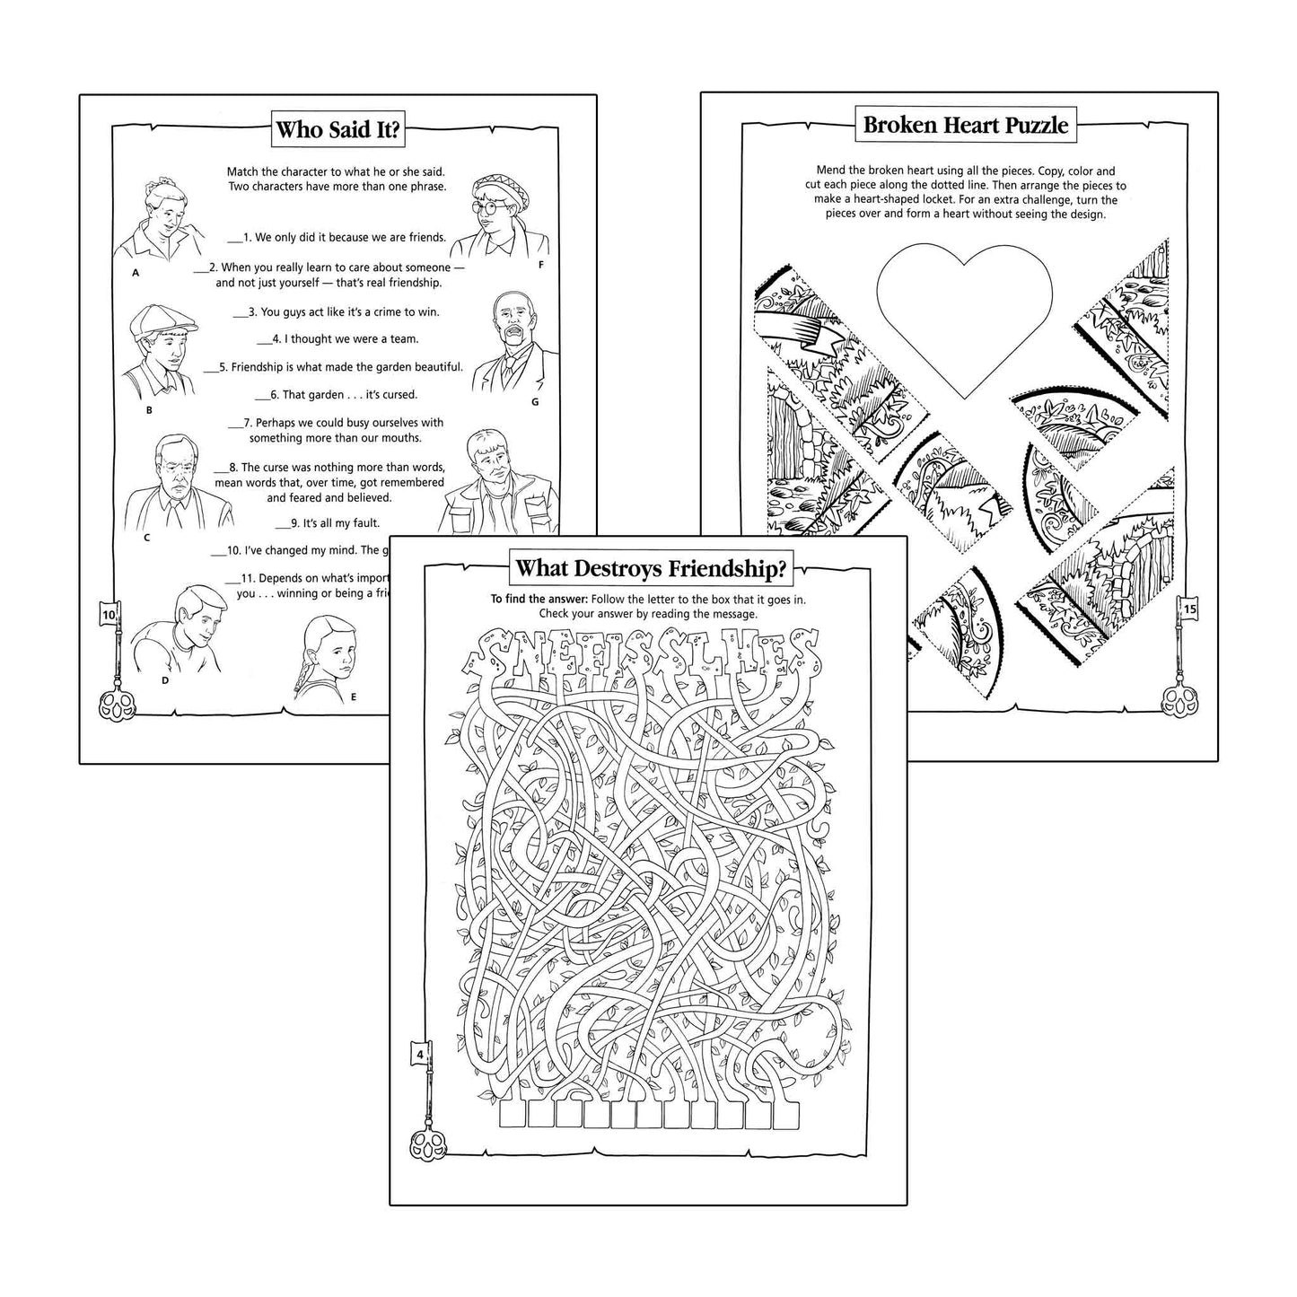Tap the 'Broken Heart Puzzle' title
point(965,125)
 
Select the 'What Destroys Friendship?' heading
point(651,568)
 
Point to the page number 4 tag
point(420,1054)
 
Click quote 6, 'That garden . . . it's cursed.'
point(336,394)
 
